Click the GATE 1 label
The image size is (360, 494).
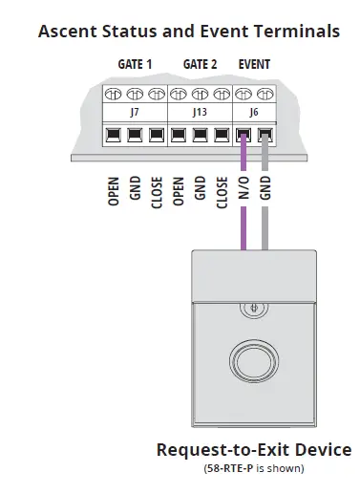tap(135, 65)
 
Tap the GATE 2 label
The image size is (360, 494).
tap(200, 65)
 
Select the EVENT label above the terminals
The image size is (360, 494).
tap(254, 65)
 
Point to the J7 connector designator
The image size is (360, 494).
tap(135, 112)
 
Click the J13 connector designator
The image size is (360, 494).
tap(200, 112)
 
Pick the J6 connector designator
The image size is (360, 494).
tap(254, 112)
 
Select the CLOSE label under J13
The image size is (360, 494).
tap(222, 188)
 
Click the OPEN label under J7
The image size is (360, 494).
tap(114, 188)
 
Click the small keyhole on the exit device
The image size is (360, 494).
tap(254, 308)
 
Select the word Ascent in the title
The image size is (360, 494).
tap(68, 32)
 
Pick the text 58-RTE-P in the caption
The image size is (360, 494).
tap(228, 468)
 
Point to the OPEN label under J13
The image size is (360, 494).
tap(179, 188)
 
